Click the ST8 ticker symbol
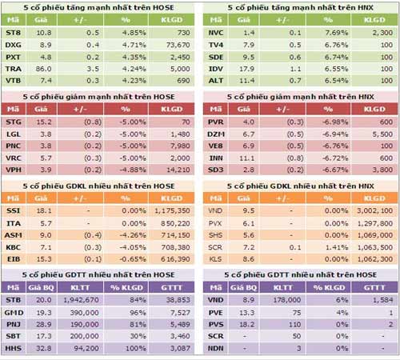[x=14, y=34]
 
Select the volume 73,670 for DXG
[x=175, y=46]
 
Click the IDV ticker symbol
[x=216, y=70]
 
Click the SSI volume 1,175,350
[x=171, y=210]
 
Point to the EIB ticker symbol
[x=14, y=259]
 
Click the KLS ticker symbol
[x=216, y=259]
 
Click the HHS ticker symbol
[x=14, y=349]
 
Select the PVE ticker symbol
[x=216, y=312]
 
